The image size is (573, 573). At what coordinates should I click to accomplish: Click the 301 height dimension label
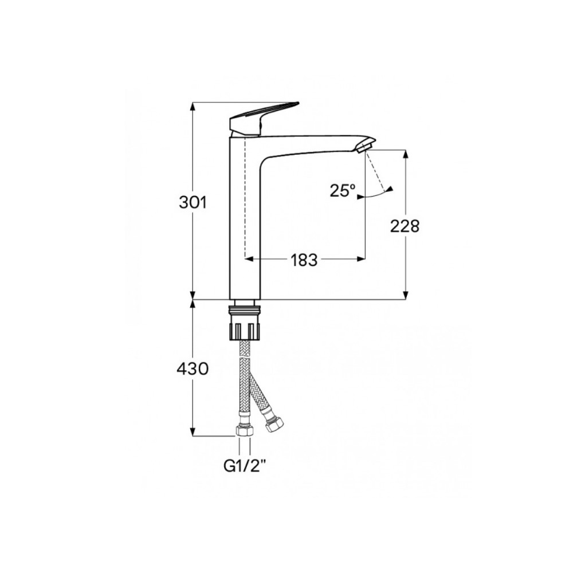click(x=193, y=202)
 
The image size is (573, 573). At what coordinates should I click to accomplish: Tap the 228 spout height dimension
click(x=405, y=226)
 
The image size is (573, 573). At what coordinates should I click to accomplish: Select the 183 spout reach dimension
click(x=304, y=260)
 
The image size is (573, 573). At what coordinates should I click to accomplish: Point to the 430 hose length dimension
click(x=193, y=369)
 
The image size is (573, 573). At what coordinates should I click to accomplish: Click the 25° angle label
click(x=342, y=190)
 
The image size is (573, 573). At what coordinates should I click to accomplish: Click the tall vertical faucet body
click(x=245, y=229)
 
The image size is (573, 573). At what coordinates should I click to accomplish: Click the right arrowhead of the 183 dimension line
click(x=362, y=259)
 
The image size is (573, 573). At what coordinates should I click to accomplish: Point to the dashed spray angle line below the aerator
click(x=375, y=172)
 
